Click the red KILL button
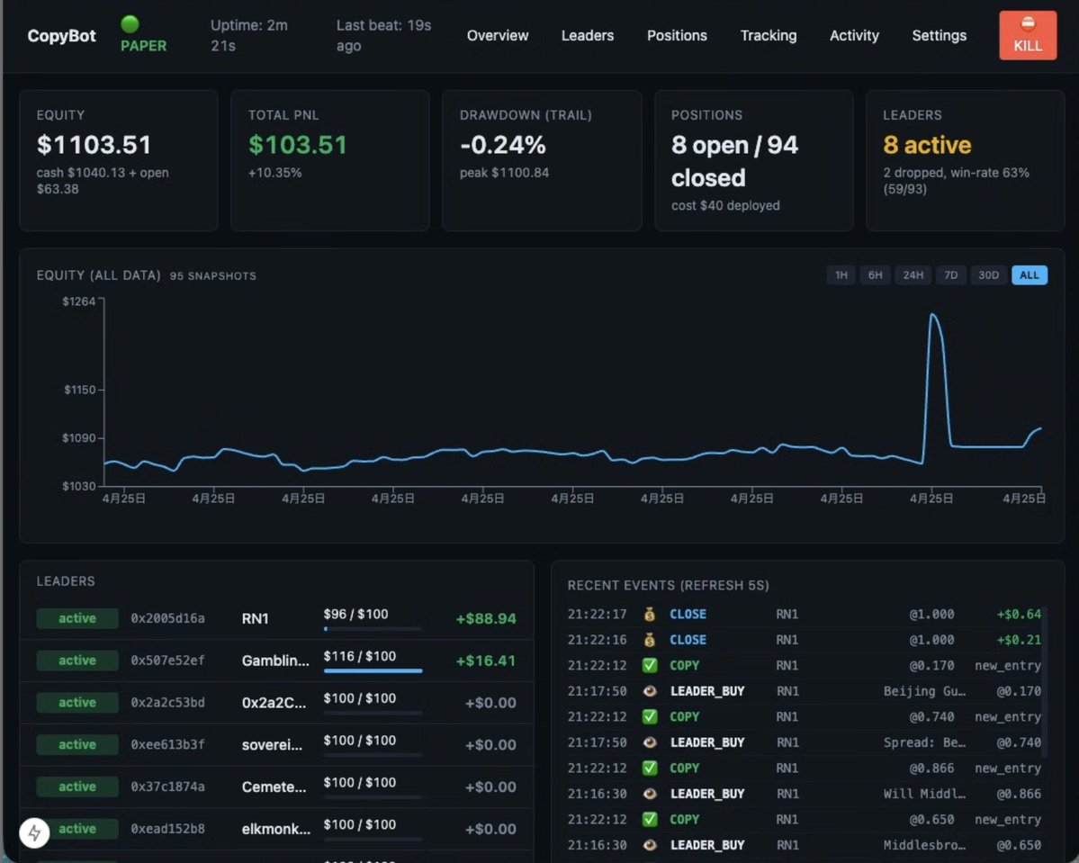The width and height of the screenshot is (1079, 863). pos(1028,35)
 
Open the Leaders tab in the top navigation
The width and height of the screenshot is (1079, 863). pos(587,35)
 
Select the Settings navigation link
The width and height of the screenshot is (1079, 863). pos(939,35)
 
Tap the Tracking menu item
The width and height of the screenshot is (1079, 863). pos(768,35)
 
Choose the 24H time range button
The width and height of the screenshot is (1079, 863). pos(913,275)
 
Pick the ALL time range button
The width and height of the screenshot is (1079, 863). pos(1029,275)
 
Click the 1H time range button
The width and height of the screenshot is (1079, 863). pos(841,275)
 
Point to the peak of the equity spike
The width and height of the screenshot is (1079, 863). pos(932,314)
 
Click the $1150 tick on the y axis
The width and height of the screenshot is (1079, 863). pos(101,390)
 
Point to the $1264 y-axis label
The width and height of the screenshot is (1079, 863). pos(79,301)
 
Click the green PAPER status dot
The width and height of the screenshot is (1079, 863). pos(130,24)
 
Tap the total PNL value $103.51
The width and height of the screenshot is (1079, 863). pos(297,145)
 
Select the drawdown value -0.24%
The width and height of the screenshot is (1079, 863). pos(502,145)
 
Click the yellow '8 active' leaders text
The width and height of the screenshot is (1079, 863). pos(927,145)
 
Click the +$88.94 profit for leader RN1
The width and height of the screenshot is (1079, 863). pos(486,619)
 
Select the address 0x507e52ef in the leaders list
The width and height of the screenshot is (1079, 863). pos(167,660)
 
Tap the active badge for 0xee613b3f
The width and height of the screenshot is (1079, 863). pos(77,744)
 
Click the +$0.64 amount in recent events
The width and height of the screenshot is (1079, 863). pos(1019,614)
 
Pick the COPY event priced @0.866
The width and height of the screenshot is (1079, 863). pos(684,768)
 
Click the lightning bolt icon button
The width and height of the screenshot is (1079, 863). pos(34,833)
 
